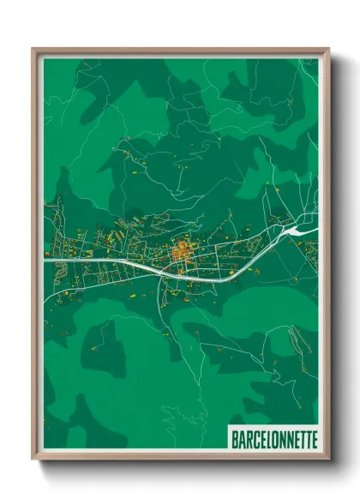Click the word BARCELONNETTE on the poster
coord(273,439)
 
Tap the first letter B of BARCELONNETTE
coord(235,439)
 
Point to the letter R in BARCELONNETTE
coord(248,439)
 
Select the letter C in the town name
coord(255,439)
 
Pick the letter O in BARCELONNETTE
coord(273,439)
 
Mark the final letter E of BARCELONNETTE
coord(314,439)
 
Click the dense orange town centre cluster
coord(181,252)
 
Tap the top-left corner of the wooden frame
coord(33,50)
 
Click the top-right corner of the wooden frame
coord(327,50)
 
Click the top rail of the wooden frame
coord(180,51)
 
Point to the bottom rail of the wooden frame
coord(180,457)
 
